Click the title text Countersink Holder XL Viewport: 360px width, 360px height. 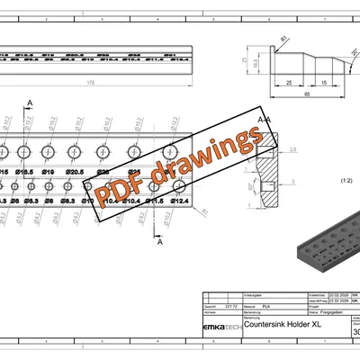283,322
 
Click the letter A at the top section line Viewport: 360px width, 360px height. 31,104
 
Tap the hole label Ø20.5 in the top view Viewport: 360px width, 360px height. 76,171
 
